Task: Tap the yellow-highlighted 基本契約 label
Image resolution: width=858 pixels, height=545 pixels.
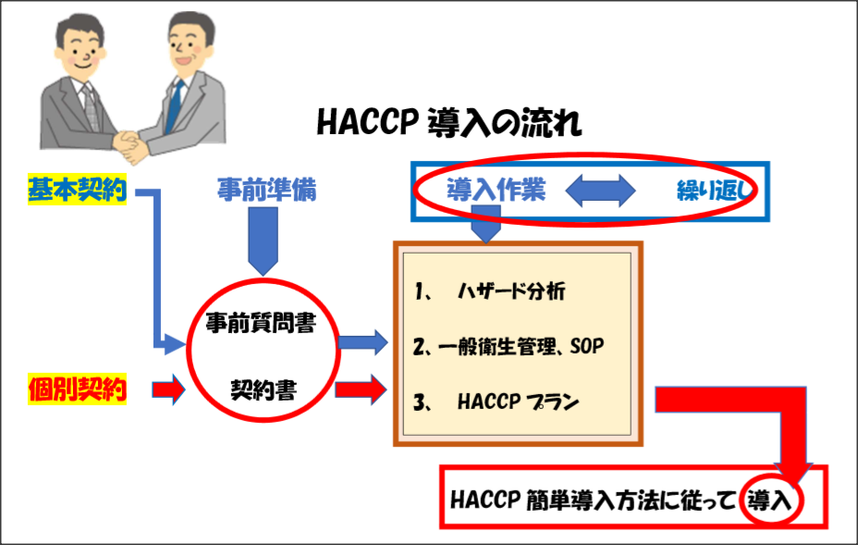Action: [77, 190]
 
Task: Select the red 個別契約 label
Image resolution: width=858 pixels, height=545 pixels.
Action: [77, 389]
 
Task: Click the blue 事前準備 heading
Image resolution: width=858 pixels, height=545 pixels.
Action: [266, 190]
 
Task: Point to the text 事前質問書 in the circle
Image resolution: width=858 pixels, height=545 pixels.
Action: [261, 323]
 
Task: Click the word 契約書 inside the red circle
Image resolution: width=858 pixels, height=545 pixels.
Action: [264, 390]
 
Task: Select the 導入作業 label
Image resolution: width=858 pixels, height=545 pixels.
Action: [496, 190]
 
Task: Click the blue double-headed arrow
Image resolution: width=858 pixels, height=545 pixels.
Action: [600, 191]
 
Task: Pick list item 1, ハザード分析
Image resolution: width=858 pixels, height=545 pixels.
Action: [490, 291]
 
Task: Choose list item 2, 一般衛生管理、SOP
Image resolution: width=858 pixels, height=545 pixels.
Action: [509, 346]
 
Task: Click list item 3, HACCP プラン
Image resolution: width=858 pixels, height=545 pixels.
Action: [496, 402]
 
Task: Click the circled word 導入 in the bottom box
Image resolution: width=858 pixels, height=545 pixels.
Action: [770, 500]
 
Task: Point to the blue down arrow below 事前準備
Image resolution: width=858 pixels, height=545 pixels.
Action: [264, 241]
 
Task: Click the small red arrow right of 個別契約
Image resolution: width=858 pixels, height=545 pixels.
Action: [168, 390]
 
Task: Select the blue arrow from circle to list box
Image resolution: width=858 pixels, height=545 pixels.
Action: [363, 342]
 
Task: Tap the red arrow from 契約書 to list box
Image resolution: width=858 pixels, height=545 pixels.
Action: [362, 390]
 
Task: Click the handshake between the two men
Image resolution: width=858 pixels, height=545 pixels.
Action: [130, 145]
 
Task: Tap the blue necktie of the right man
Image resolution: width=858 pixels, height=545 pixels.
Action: [174, 106]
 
